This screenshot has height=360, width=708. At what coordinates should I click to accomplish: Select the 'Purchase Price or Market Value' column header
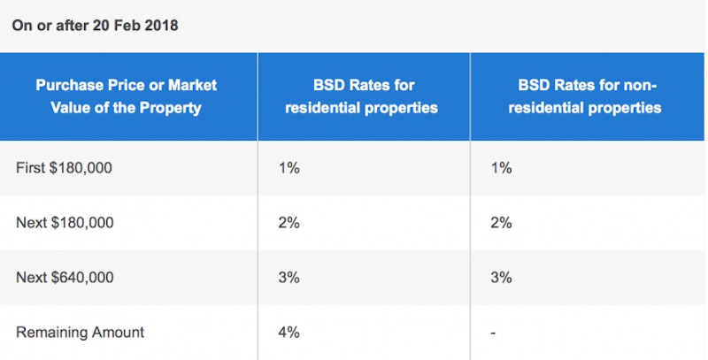(x=126, y=96)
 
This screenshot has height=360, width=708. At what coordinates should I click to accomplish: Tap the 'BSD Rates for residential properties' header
(x=364, y=96)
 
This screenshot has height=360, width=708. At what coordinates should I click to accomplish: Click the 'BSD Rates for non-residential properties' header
(x=589, y=96)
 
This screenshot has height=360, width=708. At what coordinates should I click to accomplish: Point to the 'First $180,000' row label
(x=65, y=167)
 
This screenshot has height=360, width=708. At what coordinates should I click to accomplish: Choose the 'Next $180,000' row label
(x=65, y=222)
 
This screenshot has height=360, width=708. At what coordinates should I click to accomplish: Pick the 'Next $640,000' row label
(x=65, y=278)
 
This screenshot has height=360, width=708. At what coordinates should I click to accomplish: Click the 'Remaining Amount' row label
(x=80, y=333)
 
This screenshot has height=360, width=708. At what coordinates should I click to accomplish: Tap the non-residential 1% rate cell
(x=501, y=167)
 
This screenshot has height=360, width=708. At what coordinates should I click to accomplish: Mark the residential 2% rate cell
(x=289, y=222)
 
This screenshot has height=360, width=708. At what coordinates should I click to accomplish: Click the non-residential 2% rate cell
(x=501, y=222)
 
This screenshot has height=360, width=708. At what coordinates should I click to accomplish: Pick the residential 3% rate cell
(x=289, y=278)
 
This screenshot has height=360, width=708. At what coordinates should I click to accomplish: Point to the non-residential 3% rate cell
(x=501, y=278)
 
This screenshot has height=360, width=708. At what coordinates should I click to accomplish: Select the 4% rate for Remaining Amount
(x=289, y=333)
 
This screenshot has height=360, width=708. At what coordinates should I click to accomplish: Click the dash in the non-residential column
(x=492, y=333)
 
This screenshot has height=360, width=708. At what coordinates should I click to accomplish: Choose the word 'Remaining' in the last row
(x=50, y=333)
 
